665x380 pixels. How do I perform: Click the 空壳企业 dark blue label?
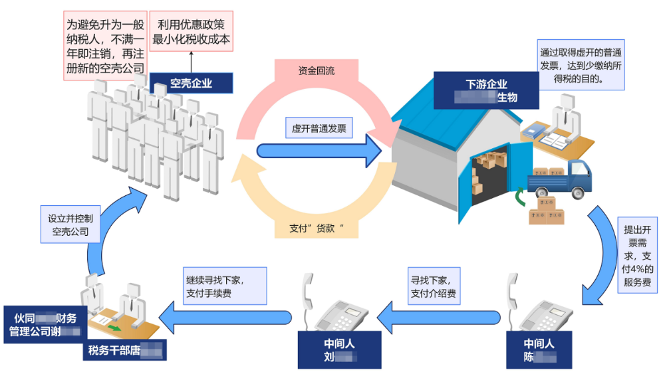pyautogui.click(x=192, y=83)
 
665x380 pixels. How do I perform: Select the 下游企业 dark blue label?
pyautogui.click(x=485, y=90)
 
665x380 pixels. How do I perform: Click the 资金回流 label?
pyautogui.click(x=317, y=71)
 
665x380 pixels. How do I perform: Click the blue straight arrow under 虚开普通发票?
pyautogui.click(x=318, y=151)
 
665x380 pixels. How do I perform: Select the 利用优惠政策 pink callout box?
pyautogui.click(x=192, y=32)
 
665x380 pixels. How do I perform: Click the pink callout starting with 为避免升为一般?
pyautogui.click(x=105, y=46)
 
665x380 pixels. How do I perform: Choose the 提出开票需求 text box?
pyautogui.click(x=638, y=255)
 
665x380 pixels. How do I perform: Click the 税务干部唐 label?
pyautogui.click(x=125, y=349)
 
